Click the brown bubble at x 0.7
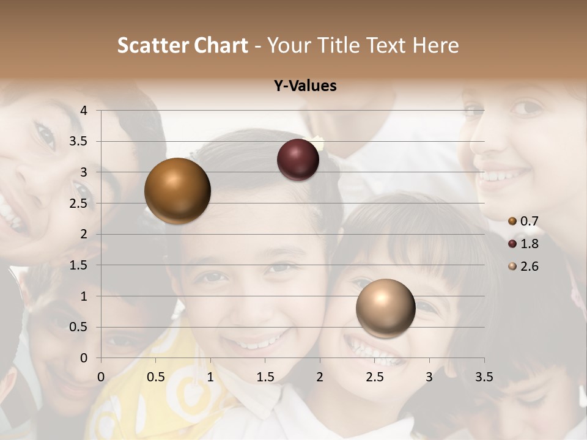click(x=177, y=191)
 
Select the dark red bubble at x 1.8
click(x=298, y=160)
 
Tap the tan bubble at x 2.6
click(x=385, y=308)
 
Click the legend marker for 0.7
click(x=512, y=221)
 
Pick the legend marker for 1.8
click(x=512, y=244)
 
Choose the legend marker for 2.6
click(x=512, y=266)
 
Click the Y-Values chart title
click(x=305, y=86)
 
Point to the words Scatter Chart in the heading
click(x=182, y=45)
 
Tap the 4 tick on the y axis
click(x=84, y=111)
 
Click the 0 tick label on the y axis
click(x=84, y=358)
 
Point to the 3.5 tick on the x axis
click(x=484, y=376)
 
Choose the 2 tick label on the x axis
click(x=320, y=376)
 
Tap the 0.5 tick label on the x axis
click(x=156, y=376)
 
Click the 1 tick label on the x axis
click(x=210, y=376)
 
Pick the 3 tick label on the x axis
click(x=429, y=376)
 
